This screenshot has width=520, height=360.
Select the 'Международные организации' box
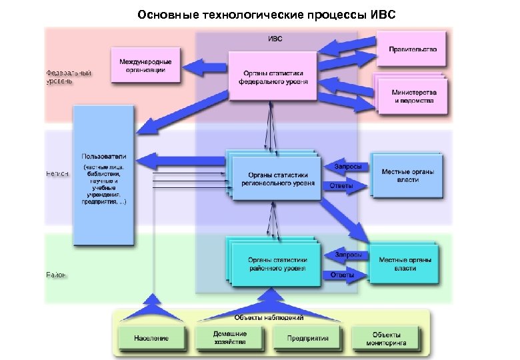click(145, 65)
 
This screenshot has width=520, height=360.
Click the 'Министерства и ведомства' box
click(413, 96)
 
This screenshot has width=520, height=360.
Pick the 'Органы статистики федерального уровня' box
click(273, 77)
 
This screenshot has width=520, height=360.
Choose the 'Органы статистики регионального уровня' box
click(277, 175)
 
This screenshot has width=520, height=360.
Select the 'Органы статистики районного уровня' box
click(277, 264)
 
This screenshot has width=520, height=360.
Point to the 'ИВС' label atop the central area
click(275, 39)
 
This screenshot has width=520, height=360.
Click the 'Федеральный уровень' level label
click(59, 76)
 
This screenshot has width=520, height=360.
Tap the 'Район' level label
click(56, 275)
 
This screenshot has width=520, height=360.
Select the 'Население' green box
click(151, 338)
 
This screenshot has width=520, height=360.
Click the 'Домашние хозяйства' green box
click(229, 338)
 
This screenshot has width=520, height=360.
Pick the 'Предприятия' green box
click(308, 338)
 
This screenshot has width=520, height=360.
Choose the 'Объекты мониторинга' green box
click(386, 338)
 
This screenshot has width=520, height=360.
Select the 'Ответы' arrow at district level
click(344, 275)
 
